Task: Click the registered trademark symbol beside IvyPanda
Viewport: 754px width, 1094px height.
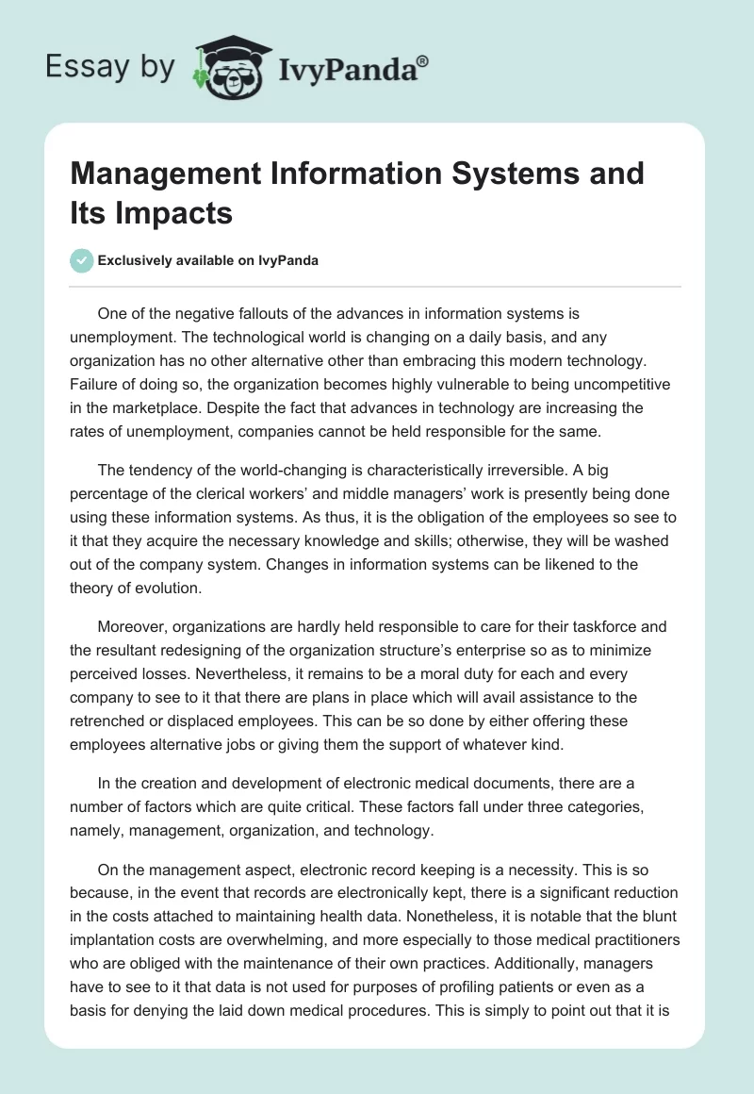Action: click(423, 60)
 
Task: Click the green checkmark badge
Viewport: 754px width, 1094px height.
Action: click(83, 260)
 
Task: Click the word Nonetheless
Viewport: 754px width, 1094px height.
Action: click(441, 917)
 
